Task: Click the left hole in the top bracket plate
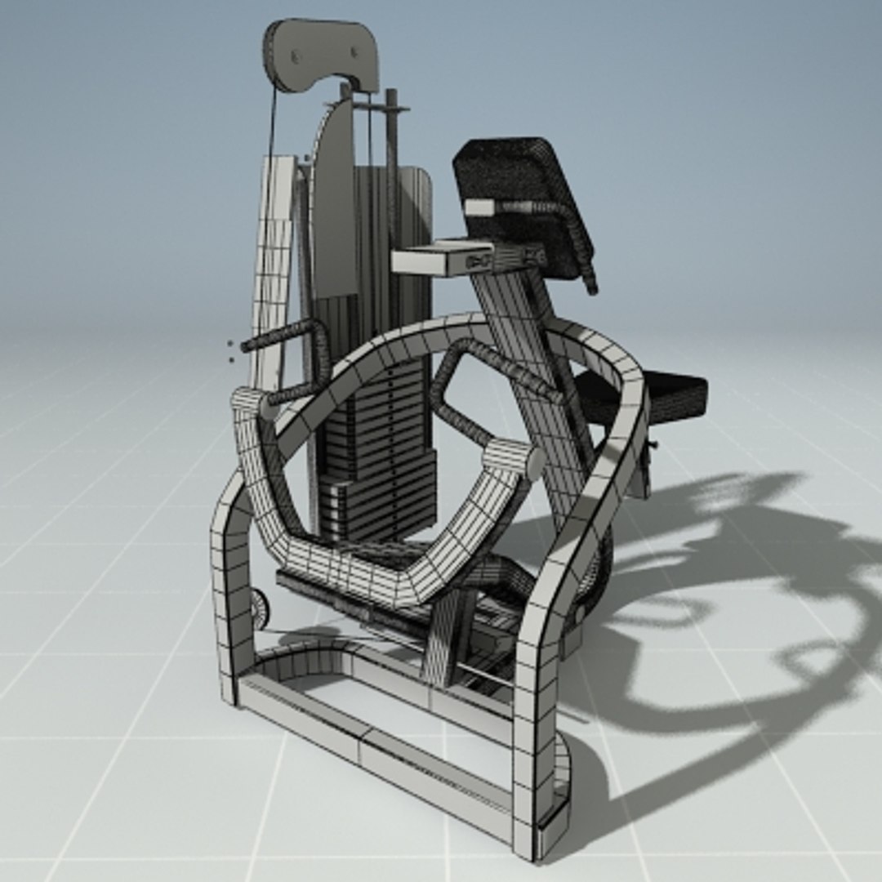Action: [296, 56]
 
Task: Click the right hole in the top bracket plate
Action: [355, 53]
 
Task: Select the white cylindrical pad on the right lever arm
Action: [514, 458]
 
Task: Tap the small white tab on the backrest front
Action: [479, 207]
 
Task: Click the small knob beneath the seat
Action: [653, 444]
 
